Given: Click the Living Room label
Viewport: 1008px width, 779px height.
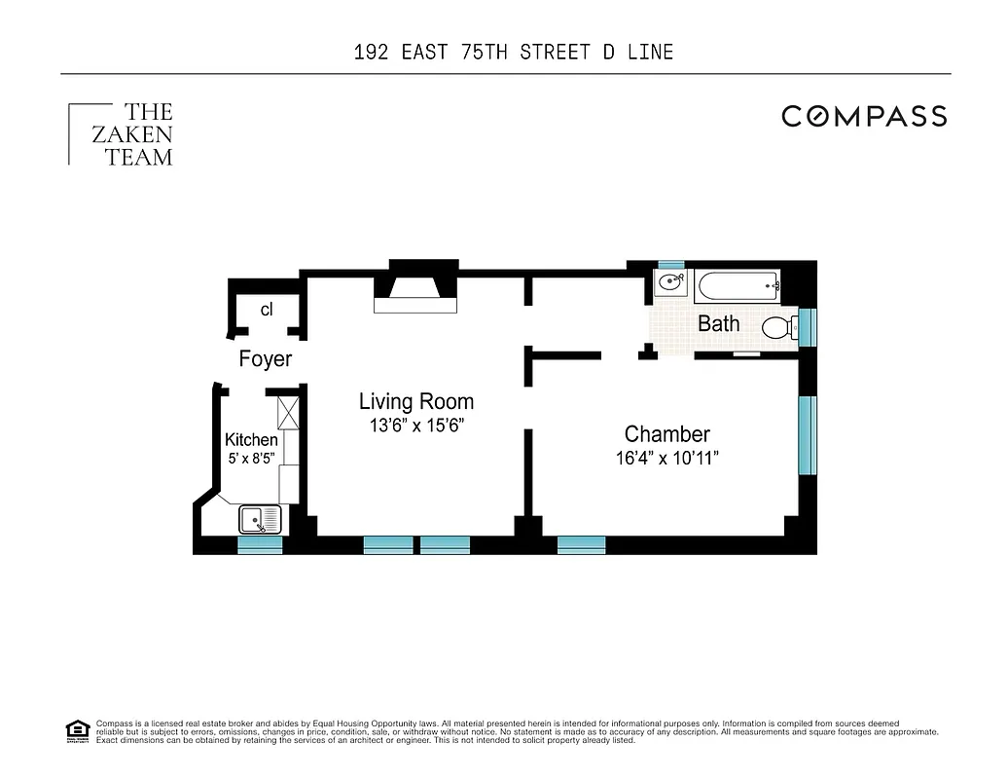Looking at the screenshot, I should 415,401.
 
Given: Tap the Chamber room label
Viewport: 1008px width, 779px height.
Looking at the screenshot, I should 666,434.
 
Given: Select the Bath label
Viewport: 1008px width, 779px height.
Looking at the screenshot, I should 718,324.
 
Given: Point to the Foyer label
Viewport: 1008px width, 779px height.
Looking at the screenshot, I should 265,359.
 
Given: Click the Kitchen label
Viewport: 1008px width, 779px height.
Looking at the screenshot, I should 251,440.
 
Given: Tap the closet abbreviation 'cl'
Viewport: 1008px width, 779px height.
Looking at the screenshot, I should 266,310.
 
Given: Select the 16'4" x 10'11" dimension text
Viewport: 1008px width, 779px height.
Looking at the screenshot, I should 667,459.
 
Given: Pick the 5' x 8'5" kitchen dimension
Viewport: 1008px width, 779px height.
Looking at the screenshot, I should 251,458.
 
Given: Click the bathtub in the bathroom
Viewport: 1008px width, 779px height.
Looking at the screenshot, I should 739,286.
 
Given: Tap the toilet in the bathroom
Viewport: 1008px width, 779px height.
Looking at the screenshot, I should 779,328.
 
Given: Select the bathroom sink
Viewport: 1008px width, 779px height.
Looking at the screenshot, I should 670,284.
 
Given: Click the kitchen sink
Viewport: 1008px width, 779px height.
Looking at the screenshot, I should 260,519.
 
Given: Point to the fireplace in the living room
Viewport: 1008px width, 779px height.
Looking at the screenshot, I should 417,291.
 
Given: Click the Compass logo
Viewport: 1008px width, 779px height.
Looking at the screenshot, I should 864,117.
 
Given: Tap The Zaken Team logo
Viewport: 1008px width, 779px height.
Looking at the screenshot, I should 122,134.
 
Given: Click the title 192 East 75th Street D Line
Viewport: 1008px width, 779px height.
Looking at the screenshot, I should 514,52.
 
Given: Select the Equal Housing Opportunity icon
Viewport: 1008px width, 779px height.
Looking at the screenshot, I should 77,729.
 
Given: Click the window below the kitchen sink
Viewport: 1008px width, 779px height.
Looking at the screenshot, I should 260,545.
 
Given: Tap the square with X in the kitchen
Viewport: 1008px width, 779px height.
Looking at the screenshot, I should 289,413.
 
